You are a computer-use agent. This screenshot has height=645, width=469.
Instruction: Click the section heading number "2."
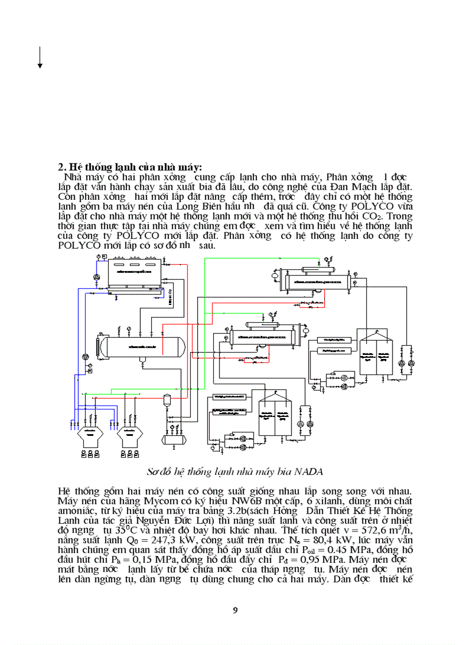pyautogui.click(x=63, y=167)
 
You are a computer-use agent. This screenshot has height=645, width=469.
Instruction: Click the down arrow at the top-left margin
pyautogui.click(x=40, y=58)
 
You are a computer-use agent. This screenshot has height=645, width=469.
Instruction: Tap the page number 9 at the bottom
pyautogui.click(x=234, y=610)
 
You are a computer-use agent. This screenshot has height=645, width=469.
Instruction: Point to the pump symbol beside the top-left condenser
pyautogui.click(x=97, y=276)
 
